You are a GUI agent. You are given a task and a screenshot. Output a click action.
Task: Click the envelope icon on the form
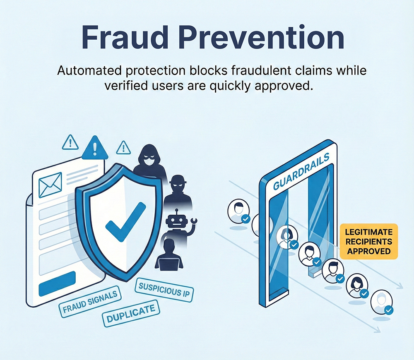click(50, 185)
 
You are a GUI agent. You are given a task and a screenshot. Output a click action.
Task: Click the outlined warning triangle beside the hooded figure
click(123, 147)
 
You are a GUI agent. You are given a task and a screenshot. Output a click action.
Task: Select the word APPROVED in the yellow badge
click(369, 251)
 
